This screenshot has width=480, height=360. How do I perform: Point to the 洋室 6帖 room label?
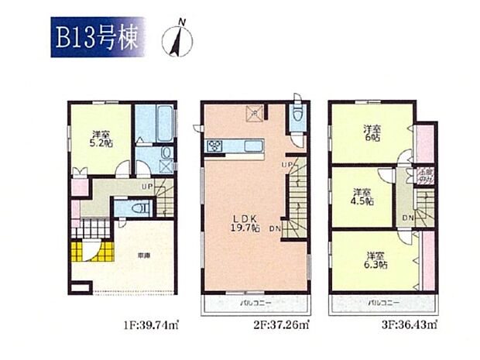pyautogui.click(x=372, y=133)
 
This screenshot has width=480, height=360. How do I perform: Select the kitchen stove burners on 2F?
pyautogui.click(x=214, y=145)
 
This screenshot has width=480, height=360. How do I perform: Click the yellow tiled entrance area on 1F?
pyautogui.click(x=87, y=252)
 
